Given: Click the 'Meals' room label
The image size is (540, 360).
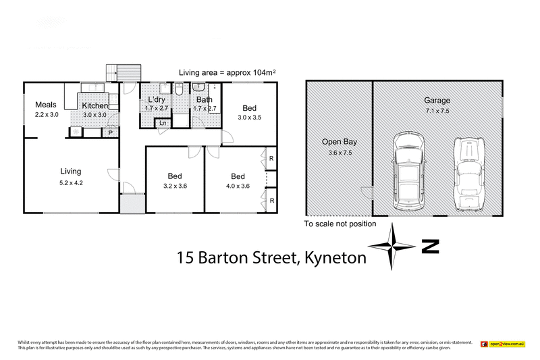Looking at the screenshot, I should [x=46, y=105].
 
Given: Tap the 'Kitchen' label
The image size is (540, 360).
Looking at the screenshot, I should [x=95, y=106].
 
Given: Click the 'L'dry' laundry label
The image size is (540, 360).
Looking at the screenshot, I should [x=157, y=99].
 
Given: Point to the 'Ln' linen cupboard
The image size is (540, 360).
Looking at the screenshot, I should [x=163, y=123].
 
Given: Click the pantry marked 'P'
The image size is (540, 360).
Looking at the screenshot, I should [x=111, y=133].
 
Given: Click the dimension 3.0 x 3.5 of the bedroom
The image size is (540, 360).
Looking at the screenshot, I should [x=250, y=118].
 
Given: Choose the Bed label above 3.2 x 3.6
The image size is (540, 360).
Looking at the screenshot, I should [x=174, y=176].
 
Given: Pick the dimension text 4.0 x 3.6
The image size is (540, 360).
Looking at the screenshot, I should [x=236, y=186].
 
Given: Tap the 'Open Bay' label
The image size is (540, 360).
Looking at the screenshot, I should [x=339, y=143].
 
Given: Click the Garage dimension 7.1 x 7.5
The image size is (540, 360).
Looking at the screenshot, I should [x=437, y=110].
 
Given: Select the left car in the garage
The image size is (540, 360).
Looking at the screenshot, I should [x=408, y=170].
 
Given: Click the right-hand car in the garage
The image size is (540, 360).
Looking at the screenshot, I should [x=469, y=173].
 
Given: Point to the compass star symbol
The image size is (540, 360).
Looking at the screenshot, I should [x=392, y=247].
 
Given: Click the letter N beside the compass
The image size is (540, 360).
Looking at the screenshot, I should [x=430, y=247].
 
